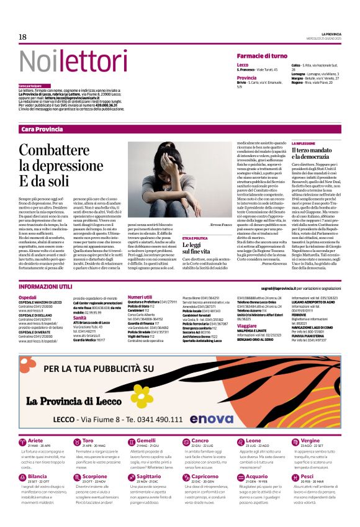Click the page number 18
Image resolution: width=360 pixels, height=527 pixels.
point(22,37)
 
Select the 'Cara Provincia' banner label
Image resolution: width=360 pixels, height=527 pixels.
point(42,128)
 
